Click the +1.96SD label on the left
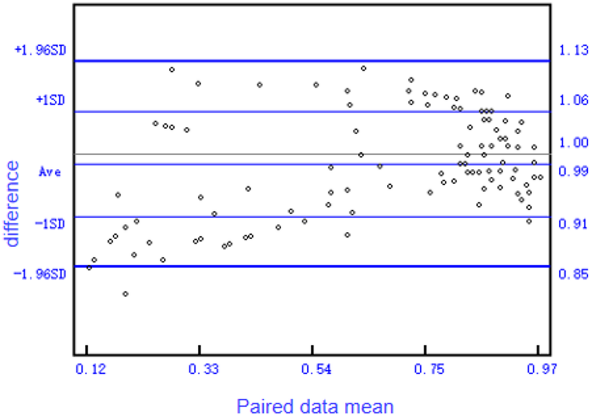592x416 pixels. [x=41, y=50]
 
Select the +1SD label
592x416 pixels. [x=51, y=100]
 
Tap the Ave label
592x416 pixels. [x=50, y=172]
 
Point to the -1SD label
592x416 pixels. [x=50, y=224]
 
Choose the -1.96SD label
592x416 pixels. [x=40, y=275]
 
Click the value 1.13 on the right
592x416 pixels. [x=573, y=50]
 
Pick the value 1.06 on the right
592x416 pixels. [x=573, y=100]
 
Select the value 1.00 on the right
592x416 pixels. [x=573, y=143]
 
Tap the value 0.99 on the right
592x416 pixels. [x=573, y=171]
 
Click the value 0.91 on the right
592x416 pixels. [x=573, y=224]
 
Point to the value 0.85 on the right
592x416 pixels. [x=573, y=275]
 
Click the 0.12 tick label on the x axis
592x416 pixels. [x=91, y=369]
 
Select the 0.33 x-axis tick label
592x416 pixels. [x=204, y=369]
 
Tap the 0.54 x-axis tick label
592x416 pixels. [x=316, y=369]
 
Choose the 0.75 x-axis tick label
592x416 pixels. [x=429, y=369]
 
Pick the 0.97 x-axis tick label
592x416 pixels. [x=542, y=369]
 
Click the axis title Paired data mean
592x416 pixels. [x=315, y=406]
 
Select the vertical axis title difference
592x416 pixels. [x=12, y=203]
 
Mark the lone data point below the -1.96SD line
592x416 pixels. [x=126, y=294]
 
